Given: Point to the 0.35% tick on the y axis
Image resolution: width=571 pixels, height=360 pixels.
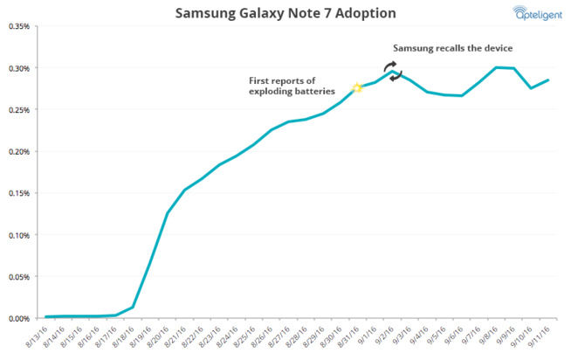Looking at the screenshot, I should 18,26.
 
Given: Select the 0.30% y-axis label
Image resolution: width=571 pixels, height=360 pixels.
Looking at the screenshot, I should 18,68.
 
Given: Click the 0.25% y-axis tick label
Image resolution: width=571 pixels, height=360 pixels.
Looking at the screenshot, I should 18,110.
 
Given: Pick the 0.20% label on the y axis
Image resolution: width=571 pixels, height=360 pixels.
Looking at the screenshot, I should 18,151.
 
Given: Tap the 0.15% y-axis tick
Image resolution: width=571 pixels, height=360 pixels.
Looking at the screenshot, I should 18,193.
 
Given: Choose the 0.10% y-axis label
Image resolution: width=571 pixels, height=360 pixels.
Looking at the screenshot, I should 18,235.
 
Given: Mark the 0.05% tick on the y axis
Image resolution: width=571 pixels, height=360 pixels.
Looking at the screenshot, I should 18,277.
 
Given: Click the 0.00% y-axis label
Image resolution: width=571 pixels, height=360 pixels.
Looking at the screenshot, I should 18,318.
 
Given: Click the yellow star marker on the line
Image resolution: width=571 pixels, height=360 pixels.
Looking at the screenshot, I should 356,88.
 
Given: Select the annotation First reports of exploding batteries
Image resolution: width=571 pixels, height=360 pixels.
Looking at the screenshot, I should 295,85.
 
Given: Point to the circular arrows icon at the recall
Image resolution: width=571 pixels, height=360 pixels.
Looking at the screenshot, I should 392,73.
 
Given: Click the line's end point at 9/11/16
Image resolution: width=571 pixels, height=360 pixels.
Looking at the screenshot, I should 547,80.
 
